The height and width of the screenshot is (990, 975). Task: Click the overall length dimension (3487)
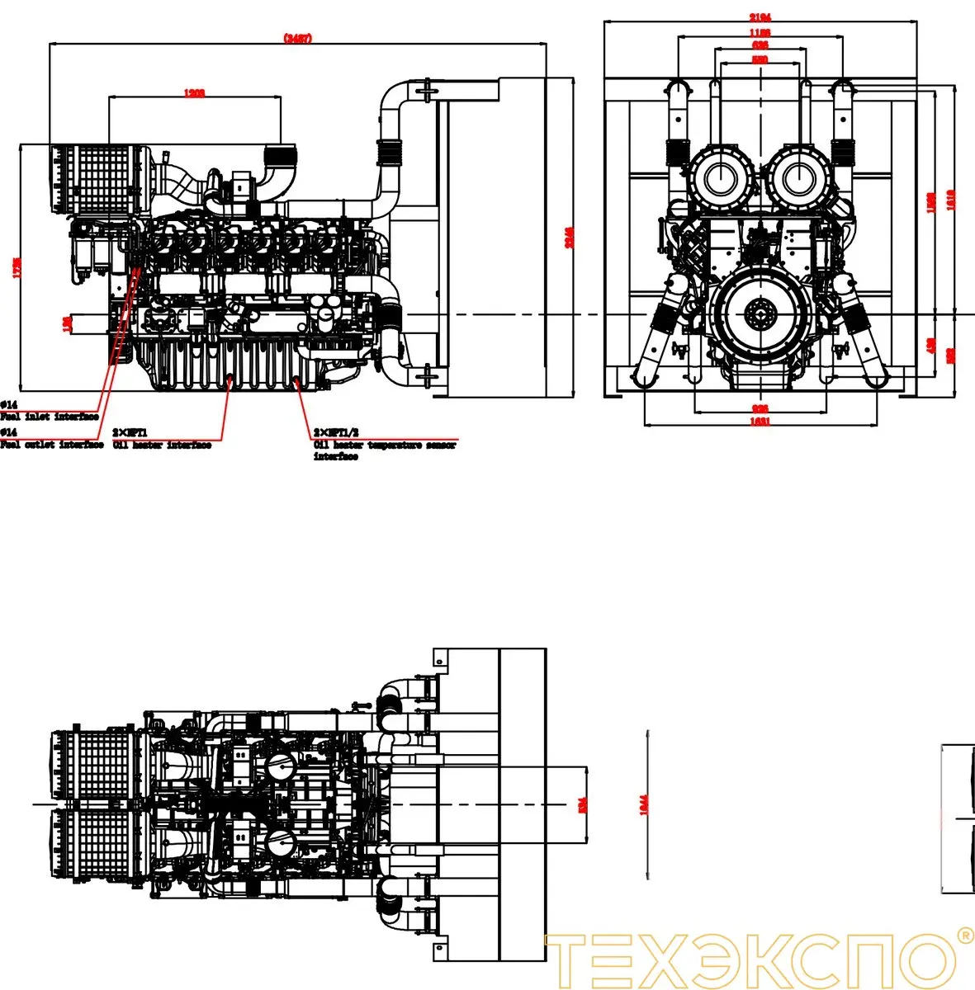tap(297, 38)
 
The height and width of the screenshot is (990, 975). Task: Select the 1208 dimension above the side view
tap(194, 93)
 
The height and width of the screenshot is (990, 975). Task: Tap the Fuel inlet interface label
tap(50, 417)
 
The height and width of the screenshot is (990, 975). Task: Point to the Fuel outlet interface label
tap(51, 445)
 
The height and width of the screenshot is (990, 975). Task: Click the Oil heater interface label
tap(162, 445)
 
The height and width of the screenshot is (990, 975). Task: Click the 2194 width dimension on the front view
tap(760, 17)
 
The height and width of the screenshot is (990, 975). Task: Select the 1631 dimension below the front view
tap(760, 422)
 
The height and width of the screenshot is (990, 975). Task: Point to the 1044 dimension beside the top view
tap(645, 803)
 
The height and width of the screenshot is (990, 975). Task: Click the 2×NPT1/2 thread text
tap(336, 432)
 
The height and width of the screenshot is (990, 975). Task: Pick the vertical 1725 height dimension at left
tap(17, 268)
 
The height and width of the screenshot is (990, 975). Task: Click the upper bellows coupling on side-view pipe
tap(388, 153)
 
